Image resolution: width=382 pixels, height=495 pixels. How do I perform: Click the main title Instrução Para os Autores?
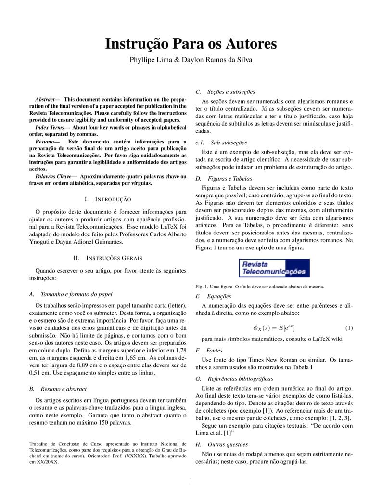[x=191, y=44]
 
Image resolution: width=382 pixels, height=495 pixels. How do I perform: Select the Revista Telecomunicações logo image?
[x=274, y=268]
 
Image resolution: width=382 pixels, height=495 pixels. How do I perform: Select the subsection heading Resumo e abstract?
[x=64, y=389]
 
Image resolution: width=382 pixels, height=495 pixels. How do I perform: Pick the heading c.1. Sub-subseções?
[x=221, y=143]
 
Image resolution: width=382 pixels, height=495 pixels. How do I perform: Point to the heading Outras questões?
[x=222, y=444]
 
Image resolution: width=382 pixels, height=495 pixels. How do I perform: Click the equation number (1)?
[x=349, y=328]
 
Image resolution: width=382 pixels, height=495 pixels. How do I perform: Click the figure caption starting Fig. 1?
[x=259, y=287]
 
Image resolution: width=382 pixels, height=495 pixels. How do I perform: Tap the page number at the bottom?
[x=191, y=480]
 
